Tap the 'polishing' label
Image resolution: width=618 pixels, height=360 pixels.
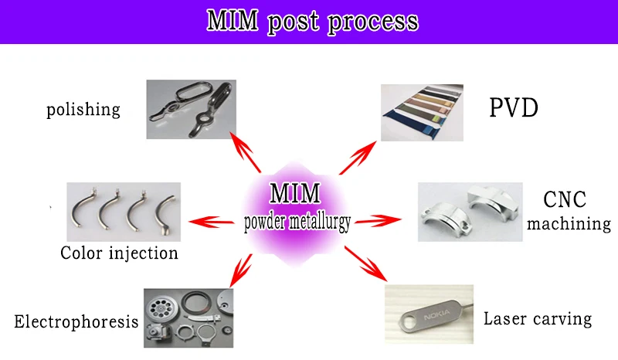click(83, 109)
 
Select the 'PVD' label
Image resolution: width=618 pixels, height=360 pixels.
click(513, 107)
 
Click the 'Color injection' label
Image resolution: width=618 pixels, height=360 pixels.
click(119, 253)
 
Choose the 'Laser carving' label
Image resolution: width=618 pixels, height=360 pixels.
click(537, 318)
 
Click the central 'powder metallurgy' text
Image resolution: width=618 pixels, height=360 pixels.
click(297, 222)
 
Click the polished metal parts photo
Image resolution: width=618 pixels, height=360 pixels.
click(192, 109)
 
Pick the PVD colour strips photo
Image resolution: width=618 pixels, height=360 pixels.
click(427, 112)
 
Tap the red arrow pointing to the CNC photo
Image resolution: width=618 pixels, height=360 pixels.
click(379, 222)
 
